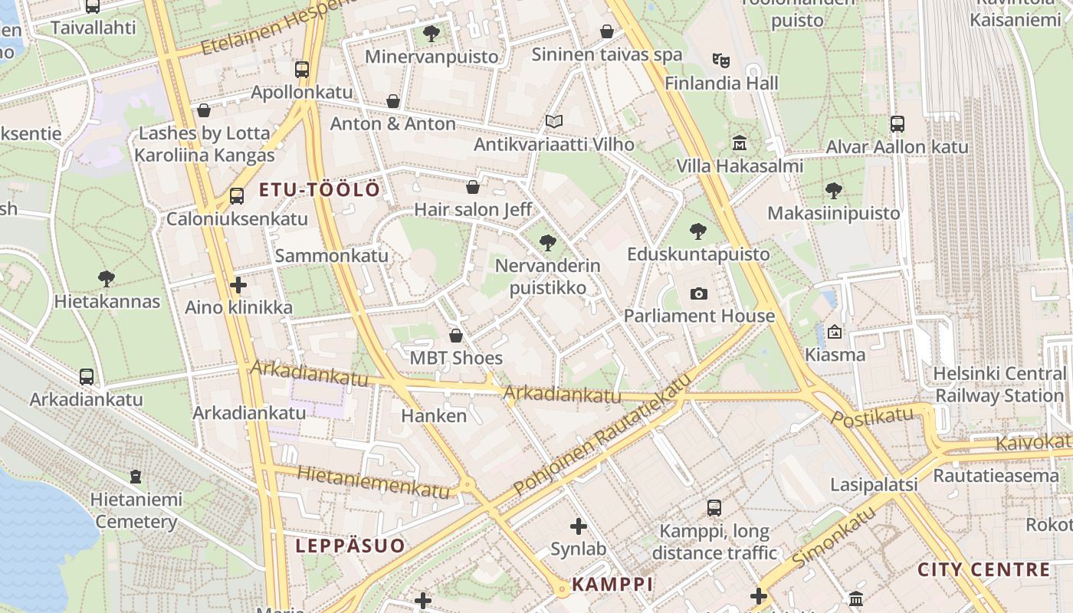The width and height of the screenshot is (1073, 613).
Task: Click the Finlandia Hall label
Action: point(721,84)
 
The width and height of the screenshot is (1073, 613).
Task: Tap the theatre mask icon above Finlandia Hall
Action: point(720,60)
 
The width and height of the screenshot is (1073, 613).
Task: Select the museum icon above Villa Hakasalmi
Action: point(740,143)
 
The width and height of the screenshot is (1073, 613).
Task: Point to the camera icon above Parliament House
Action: point(698,293)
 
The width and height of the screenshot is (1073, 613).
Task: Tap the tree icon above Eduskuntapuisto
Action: point(697,231)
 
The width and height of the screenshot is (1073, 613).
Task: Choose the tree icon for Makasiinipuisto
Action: point(834,190)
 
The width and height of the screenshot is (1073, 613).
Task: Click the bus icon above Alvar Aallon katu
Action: point(897,123)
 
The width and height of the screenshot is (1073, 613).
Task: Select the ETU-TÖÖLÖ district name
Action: point(319,190)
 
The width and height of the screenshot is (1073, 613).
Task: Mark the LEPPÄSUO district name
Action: point(350,546)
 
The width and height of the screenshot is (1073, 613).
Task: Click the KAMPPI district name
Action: point(612,584)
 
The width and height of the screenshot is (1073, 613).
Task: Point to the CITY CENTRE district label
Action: point(983,570)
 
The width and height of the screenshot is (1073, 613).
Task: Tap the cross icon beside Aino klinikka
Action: point(238,285)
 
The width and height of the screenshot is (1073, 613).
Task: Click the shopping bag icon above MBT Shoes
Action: point(456,336)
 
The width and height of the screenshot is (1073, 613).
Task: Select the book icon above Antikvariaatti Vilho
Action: point(553,121)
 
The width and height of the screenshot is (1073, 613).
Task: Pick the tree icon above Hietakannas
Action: point(107,279)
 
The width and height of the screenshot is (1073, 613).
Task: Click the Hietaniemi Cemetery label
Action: point(136,510)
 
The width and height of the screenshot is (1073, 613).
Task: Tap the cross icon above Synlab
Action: point(579,526)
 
